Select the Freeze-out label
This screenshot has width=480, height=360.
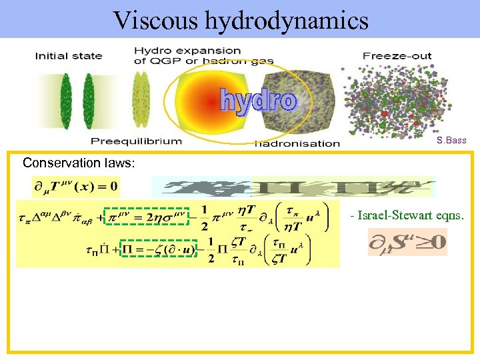point(397,56)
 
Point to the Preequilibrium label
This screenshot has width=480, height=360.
point(136,141)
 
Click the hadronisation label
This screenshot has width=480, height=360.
point(297,143)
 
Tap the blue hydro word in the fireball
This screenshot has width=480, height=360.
point(257,101)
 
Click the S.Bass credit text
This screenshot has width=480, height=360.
point(451,141)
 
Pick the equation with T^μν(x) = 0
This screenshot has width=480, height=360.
point(75,187)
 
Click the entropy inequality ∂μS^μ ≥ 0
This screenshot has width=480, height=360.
point(407,242)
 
